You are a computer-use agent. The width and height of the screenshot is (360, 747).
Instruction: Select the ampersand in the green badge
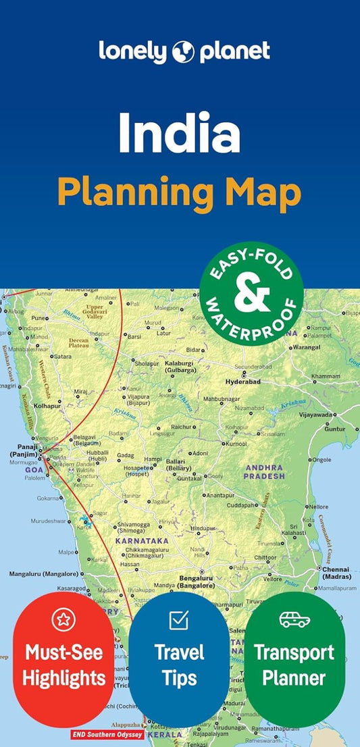click(x=252, y=294)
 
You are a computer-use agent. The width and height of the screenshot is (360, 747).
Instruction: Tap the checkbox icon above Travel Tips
click(x=178, y=619)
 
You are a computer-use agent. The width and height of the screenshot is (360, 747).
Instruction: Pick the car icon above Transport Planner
click(x=294, y=619)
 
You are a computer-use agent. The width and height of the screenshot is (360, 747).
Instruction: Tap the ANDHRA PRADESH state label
click(x=265, y=471)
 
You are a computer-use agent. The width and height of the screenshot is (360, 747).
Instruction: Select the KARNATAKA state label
click(x=141, y=541)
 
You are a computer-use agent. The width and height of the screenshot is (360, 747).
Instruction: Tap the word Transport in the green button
click(x=294, y=653)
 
